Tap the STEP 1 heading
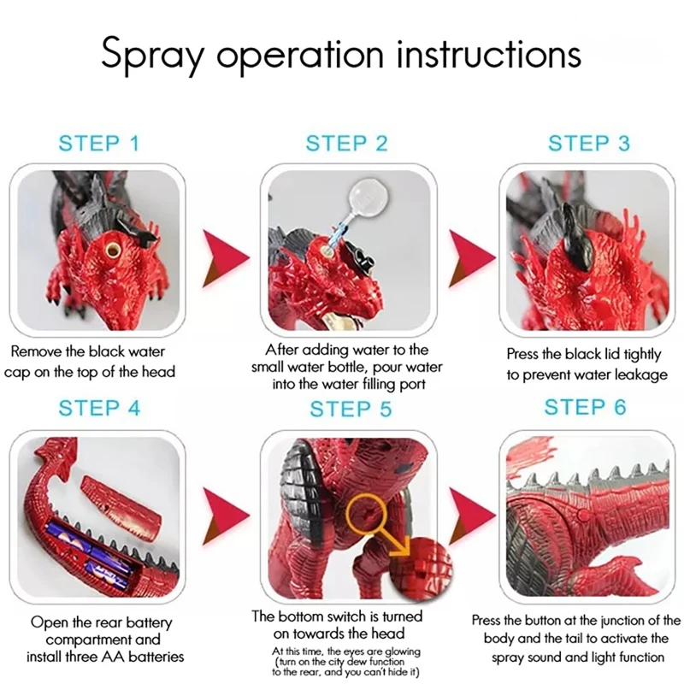point(99,144)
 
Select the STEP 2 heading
point(346,144)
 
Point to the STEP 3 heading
point(589,144)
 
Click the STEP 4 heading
point(99,409)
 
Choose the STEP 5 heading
point(351,410)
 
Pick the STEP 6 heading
point(585,407)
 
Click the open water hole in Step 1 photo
point(113,250)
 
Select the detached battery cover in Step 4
point(121,508)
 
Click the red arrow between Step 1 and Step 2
point(226,259)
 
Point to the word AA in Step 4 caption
point(113,657)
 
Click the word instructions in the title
point(489,55)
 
